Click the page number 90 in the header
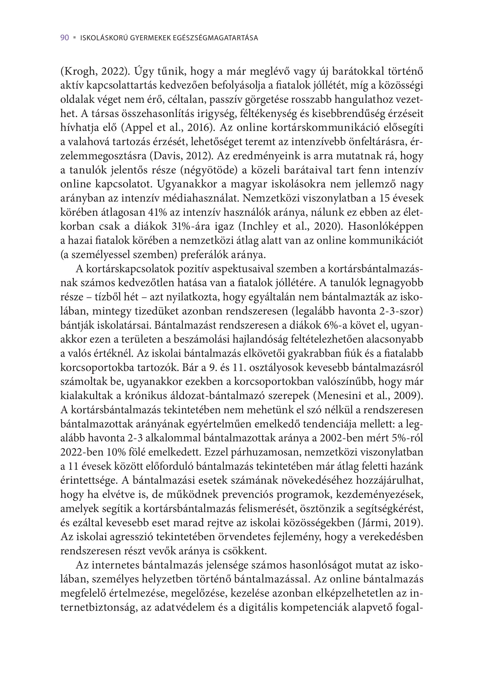pyautogui.click(x=65, y=38)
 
